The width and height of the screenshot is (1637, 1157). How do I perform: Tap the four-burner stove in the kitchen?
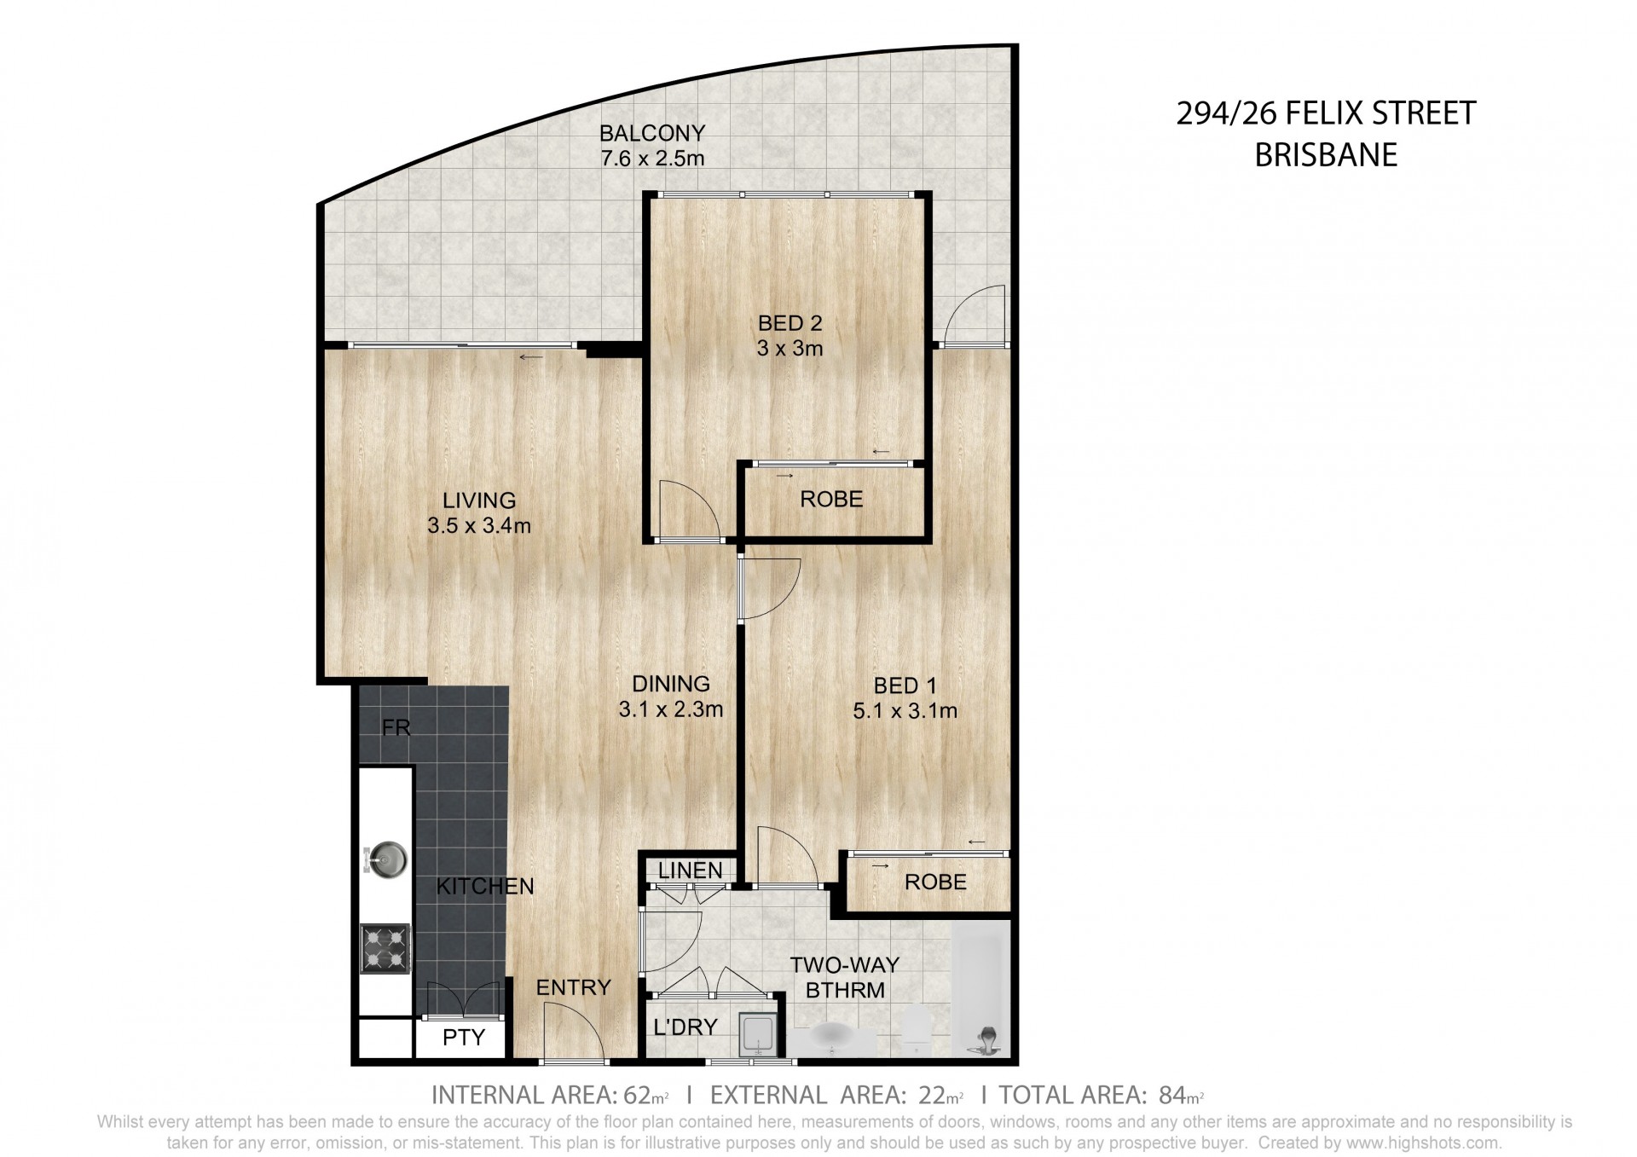point(385,948)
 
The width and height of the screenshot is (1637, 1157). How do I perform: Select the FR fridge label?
point(396,727)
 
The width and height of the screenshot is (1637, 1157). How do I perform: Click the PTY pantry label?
point(464,1037)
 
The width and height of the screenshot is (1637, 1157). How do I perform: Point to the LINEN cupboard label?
point(691,870)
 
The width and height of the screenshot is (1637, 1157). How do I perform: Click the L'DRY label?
point(685,1027)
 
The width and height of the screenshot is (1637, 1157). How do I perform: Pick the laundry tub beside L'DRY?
point(757,1033)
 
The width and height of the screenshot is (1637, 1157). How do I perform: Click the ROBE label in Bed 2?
point(831,499)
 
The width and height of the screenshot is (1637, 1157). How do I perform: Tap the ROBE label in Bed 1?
point(935,882)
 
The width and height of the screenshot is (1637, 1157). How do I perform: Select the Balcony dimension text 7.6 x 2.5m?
point(652,158)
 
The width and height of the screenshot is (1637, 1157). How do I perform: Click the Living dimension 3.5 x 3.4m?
point(479,525)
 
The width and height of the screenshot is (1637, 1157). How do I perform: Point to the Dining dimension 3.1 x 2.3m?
point(671,709)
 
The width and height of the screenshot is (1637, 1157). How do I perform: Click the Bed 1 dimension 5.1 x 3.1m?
point(905,709)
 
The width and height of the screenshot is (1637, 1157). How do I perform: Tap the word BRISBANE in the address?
point(1326,154)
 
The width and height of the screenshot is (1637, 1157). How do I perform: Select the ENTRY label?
point(574,987)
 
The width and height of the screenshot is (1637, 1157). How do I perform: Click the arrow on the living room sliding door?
point(531,357)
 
